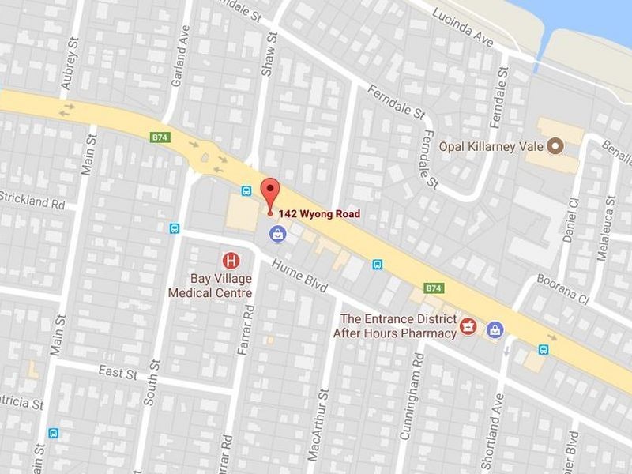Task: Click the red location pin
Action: (x=271, y=193)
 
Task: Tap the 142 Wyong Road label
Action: (x=319, y=213)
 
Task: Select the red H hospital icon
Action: (x=231, y=259)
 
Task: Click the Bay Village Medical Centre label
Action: (x=210, y=285)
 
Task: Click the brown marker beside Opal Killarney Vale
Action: (x=555, y=146)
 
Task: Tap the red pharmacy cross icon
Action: (x=468, y=326)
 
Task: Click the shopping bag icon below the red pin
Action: (x=277, y=233)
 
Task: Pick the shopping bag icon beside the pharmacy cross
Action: (x=495, y=328)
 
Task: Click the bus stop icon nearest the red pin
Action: (x=246, y=191)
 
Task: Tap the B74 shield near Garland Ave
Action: (x=160, y=137)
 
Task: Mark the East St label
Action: (x=118, y=371)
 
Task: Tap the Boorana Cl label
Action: (x=563, y=289)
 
